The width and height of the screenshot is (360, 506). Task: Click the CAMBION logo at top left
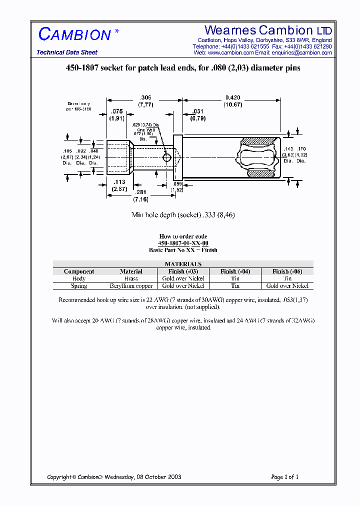(x=75, y=34)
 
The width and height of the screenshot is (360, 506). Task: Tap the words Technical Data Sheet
(x=67, y=52)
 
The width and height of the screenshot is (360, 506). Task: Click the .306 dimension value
(x=145, y=97)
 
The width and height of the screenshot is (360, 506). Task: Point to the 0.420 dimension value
(x=232, y=97)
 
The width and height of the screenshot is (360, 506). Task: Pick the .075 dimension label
(x=116, y=111)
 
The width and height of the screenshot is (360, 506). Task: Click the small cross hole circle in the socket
(x=167, y=157)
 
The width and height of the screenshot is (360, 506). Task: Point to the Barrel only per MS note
(x=78, y=105)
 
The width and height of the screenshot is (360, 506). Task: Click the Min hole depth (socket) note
(x=183, y=215)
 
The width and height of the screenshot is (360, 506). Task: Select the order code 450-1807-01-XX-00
(x=183, y=243)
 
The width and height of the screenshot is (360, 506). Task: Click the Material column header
(x=131, y=271)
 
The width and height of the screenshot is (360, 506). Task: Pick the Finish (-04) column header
(x=235, y=271)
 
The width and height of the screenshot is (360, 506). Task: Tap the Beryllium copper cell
(x=131, y=286)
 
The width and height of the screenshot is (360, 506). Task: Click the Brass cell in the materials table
(x=131, y=278)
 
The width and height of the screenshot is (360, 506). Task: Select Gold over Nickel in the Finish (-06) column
(x=287, y=286)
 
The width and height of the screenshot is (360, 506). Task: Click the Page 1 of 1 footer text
(x=284, y=477)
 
